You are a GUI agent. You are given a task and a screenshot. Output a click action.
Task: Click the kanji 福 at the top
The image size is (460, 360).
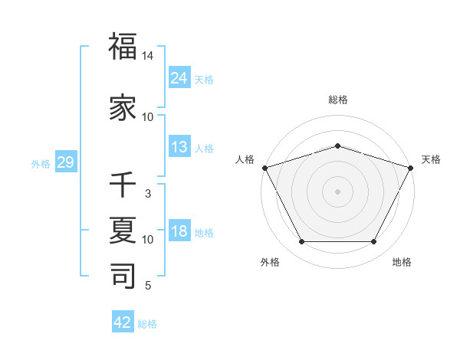pos(123,47)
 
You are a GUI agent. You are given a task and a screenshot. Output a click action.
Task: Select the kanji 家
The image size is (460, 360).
pos(123,108)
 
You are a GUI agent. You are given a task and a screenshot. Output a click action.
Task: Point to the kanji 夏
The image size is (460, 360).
pos(123,229)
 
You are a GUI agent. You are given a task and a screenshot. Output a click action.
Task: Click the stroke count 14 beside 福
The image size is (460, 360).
pos(148,56)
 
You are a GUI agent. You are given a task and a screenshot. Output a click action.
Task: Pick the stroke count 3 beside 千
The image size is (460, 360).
pos(148,194)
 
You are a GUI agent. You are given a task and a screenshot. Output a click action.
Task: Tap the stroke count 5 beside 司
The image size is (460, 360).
pos(148,286)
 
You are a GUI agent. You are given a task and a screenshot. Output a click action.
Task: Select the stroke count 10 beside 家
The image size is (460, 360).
pos(148,116)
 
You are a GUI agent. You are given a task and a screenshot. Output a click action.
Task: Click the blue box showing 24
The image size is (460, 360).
pos(179,77)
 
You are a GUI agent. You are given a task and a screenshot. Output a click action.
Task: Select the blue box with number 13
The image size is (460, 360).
pos(179,147)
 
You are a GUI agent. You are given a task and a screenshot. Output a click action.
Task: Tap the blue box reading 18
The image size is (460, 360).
pos(179,231)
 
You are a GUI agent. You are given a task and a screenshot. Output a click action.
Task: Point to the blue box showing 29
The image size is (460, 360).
pos(65,162)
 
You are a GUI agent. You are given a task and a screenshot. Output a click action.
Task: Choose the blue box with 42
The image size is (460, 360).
pos(123,322)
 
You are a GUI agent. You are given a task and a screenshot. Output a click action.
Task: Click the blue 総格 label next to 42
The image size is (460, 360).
pos(147,324)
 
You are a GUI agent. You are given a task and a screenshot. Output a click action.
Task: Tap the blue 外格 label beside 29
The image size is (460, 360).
pos(41,163)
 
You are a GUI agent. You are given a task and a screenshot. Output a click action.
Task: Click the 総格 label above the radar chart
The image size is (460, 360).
pos(337,100)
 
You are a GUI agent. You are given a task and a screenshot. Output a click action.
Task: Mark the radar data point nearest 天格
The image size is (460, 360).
pos(412,167)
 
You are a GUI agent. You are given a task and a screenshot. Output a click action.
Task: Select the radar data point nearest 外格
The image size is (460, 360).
pos(301,242)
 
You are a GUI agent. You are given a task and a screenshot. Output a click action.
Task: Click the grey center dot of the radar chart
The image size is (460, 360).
pos(337,191)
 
